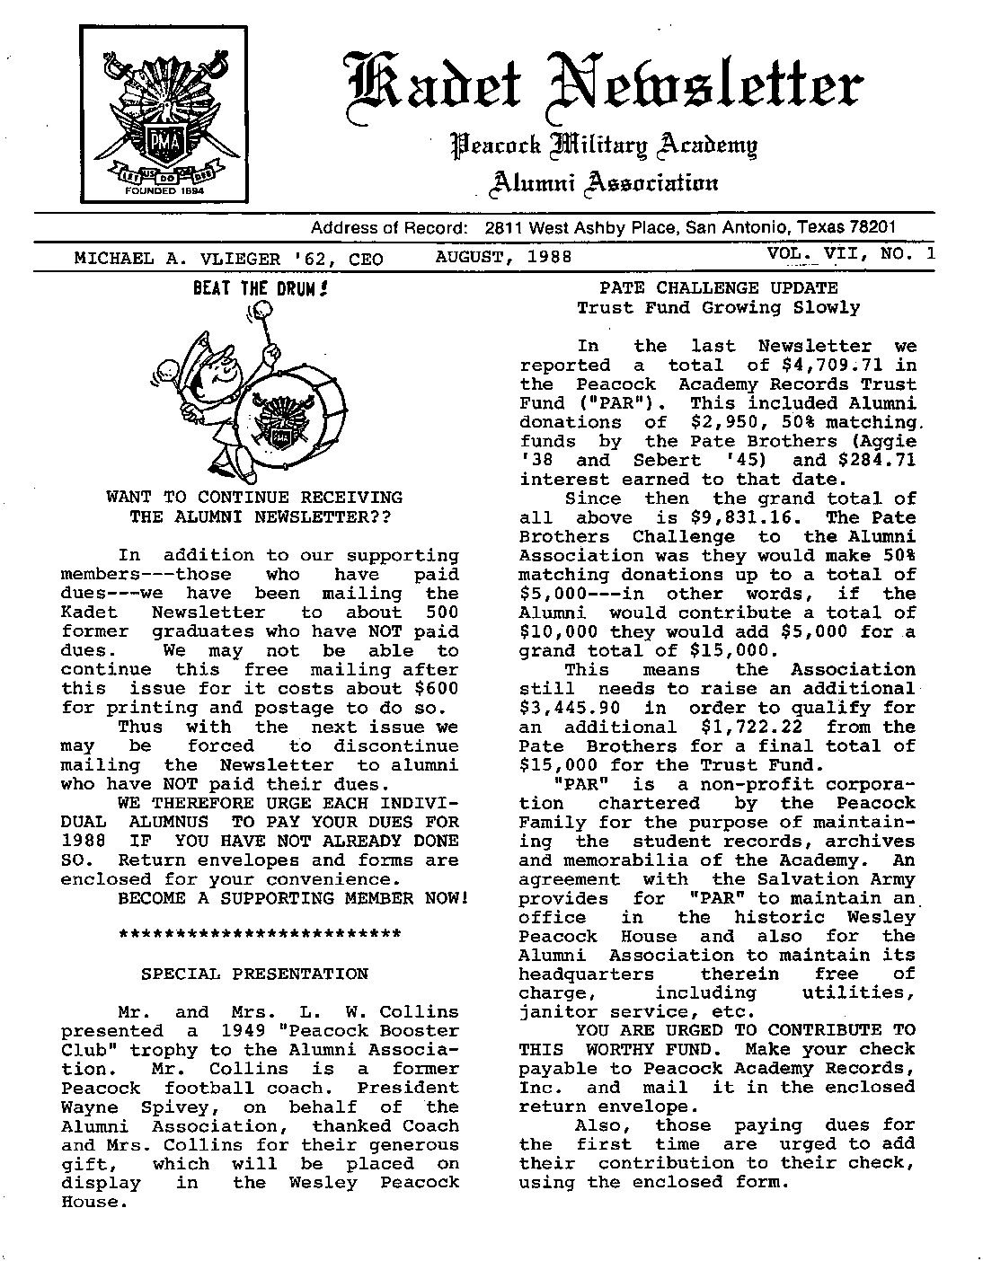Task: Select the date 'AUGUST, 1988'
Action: [503, 257]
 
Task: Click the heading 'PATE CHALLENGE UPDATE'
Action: [718, 288]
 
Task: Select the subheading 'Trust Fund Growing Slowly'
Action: [718, 307]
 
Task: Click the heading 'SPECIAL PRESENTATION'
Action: [255, 974]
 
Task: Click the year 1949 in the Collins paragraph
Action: [259, 1030]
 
